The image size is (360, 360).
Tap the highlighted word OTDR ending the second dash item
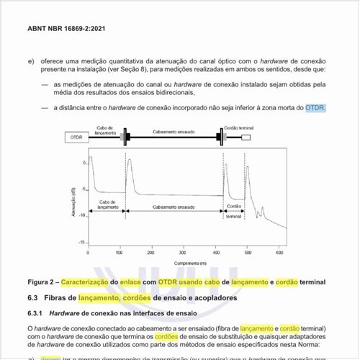[x=315, y=107]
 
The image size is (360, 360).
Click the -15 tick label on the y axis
[x=84, y=243]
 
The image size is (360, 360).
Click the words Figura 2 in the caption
[x=42, y=282]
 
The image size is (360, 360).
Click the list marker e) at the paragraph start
[x=31, y=61]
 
